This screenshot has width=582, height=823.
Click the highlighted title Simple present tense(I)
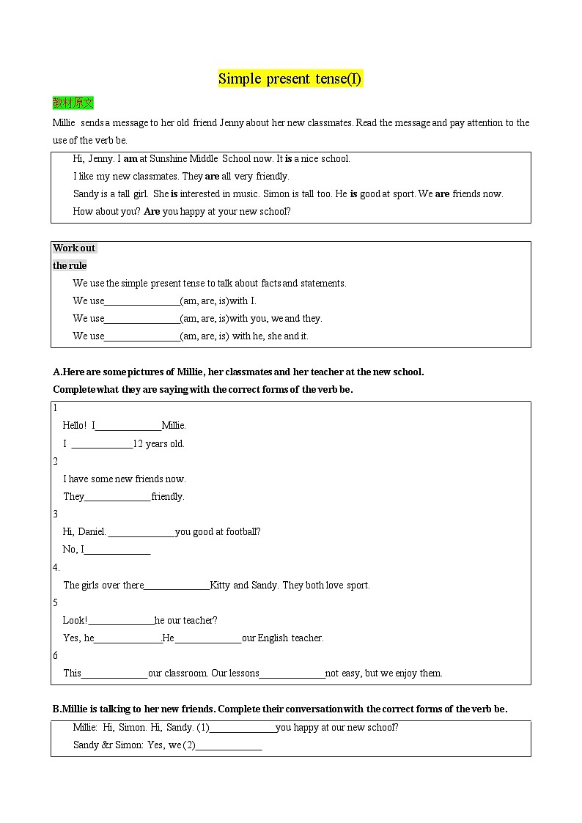click(290, 79)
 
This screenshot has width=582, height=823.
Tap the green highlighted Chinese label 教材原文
click(73, 103)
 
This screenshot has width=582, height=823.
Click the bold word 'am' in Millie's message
click(130, 158)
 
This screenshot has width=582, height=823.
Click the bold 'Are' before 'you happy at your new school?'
click(152, 211)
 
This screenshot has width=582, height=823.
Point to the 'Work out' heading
click(74, 248)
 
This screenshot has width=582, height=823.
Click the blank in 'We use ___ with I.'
click(142, 301)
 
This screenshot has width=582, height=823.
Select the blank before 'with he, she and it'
click(142, 336)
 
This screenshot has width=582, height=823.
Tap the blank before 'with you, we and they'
click(142, 319)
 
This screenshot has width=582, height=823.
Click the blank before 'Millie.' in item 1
click(128, 426)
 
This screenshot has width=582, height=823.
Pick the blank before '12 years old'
click(102, 444)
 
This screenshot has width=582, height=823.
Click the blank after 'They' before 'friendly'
click(118, 497)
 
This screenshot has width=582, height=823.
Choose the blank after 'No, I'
click(117, 550)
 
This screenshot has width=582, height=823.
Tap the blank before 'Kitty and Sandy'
click(177, 586)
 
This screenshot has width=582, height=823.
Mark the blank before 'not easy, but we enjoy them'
click(292, 673)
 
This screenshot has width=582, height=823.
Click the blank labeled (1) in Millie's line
click(243, 728)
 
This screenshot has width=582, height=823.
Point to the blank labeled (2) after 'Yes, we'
click(229, 745)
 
